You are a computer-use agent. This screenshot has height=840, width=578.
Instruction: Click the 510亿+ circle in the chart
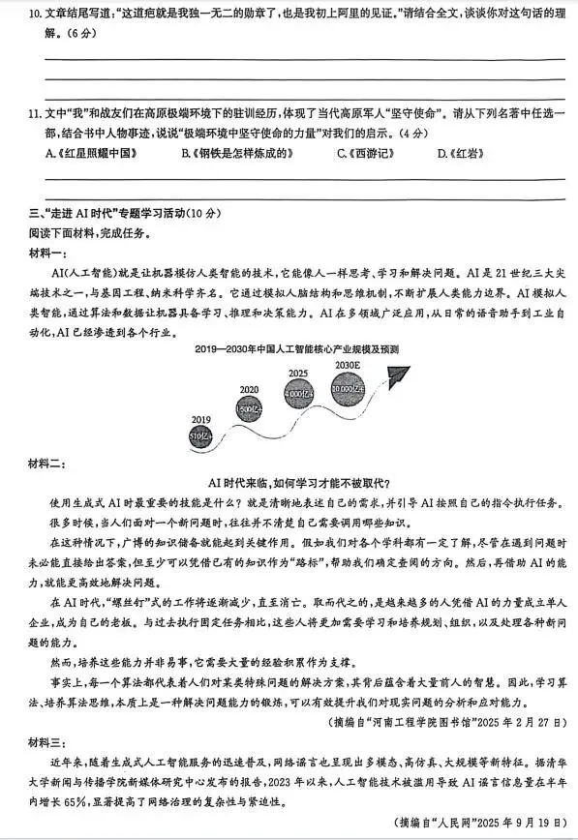click(x=201, y=435)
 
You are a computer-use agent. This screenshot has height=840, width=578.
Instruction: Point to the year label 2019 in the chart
click(x=200, y=418)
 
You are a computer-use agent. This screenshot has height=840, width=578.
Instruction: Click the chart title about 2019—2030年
click(x=296, y=348)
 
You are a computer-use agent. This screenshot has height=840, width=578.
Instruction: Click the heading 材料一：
click(x=42, y=254)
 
